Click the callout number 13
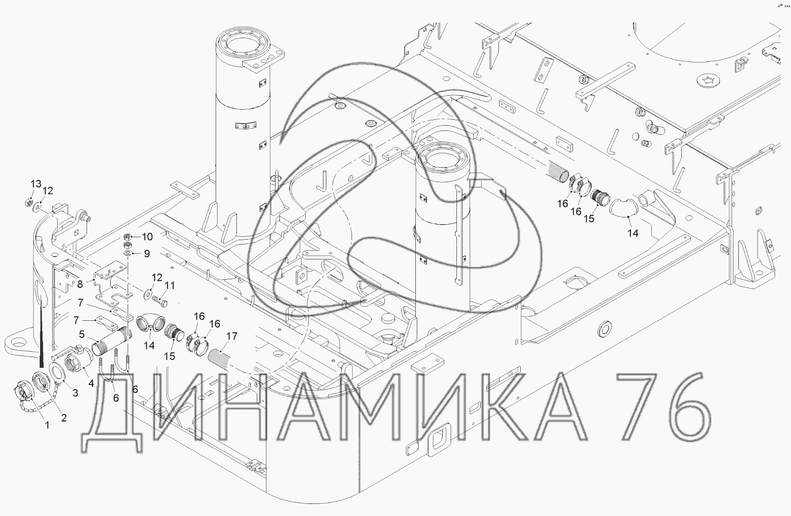tap(36, 184)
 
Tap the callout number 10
tap(147, 236)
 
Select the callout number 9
tap(147, 254)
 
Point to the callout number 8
tap(80, 284)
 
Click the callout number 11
tap(170, 285)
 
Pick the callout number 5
tap(82, 334)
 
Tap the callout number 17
tap(232, 336)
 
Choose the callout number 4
tap(91, 383)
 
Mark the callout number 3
tap(75, 393)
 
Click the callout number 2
tap(63, 418)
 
